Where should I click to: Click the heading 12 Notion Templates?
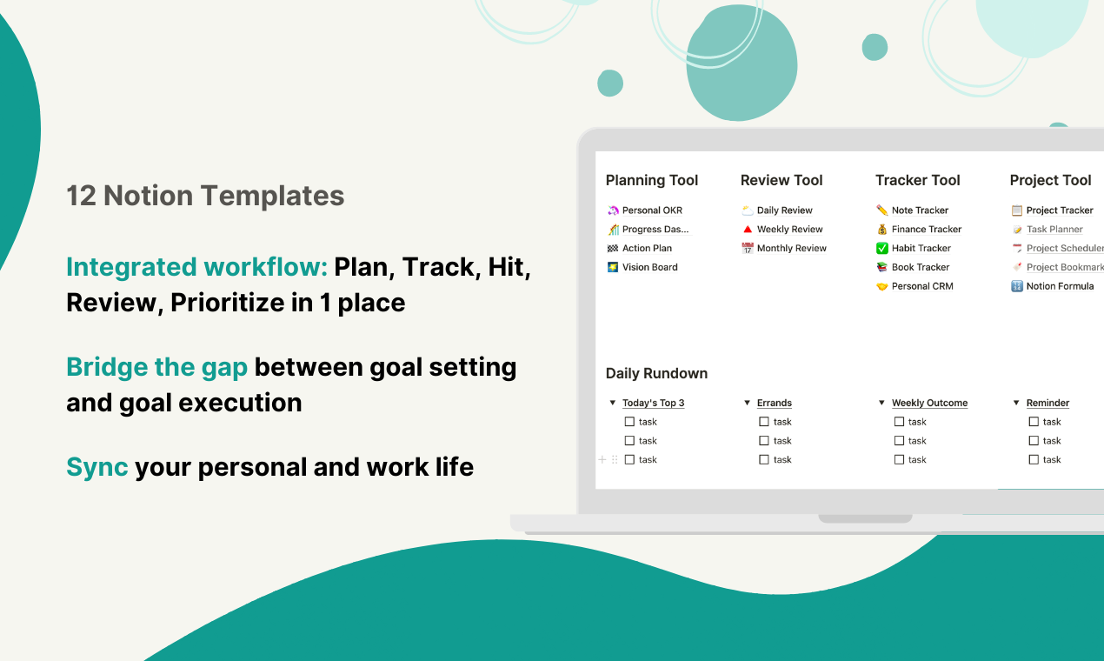pyautogui.click(x=205, y=196)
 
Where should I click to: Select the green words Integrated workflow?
pyautogui.click(x=196, y=267)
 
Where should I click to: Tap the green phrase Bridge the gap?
pyautogui.click(x=156, y=367)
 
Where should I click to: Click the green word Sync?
pyautogui.click(x=96, y=467)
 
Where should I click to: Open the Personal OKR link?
pyautogui.click(x=652, y=210)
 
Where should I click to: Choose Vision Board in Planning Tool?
pyautogui.click(x=649, y=267)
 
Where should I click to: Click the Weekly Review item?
pyautogui.click(x=789, y=230)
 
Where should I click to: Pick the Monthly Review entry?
pyautogui.click(x=791, y=248)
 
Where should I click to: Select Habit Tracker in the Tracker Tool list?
pyautogui.click(x=921, y=248)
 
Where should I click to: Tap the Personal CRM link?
pyautogui.click(x=921, y=286)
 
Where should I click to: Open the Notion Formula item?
pyautogui.click(x=1059, y=286)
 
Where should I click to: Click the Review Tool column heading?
pyautogui.click(x=781, y=180)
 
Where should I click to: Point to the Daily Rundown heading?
pyautogui.click(x=656, y=373)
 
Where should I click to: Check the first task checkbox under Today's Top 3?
pyautogui.click(x=629, y=422)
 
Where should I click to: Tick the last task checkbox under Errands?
pyautogui.click(x=764, y=459)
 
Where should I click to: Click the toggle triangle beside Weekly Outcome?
pyautogui.click(x=881, y=403)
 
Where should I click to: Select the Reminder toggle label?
pyautogui.click(x=1047, y=403)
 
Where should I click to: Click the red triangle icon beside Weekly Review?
pyautogui.click(x=747, y=230)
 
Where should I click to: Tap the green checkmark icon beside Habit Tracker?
pyautogui.click(x=881, y=248)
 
